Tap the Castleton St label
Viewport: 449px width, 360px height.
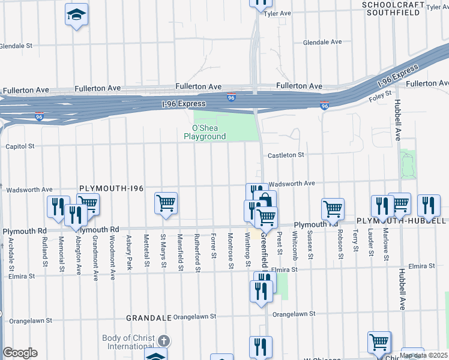[x=286, y=155]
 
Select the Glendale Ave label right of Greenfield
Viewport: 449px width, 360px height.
[x=322, y=43]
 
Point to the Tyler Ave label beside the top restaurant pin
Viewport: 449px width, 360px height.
[x=277, y=13]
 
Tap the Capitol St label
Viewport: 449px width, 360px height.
[x=20, y=146]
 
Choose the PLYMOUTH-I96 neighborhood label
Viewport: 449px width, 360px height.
[x=112, y=188]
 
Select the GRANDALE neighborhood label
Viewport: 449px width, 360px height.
[x=149, y=317]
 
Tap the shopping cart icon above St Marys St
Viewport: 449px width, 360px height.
[x=166, y=202]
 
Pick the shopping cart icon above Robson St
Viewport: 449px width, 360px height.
[x=333, y=209]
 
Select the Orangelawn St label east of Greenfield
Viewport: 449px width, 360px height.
[x=294, y=314]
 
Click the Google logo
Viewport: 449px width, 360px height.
[x=20, y=353]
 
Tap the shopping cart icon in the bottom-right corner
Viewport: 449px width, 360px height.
[x=379, y=343]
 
